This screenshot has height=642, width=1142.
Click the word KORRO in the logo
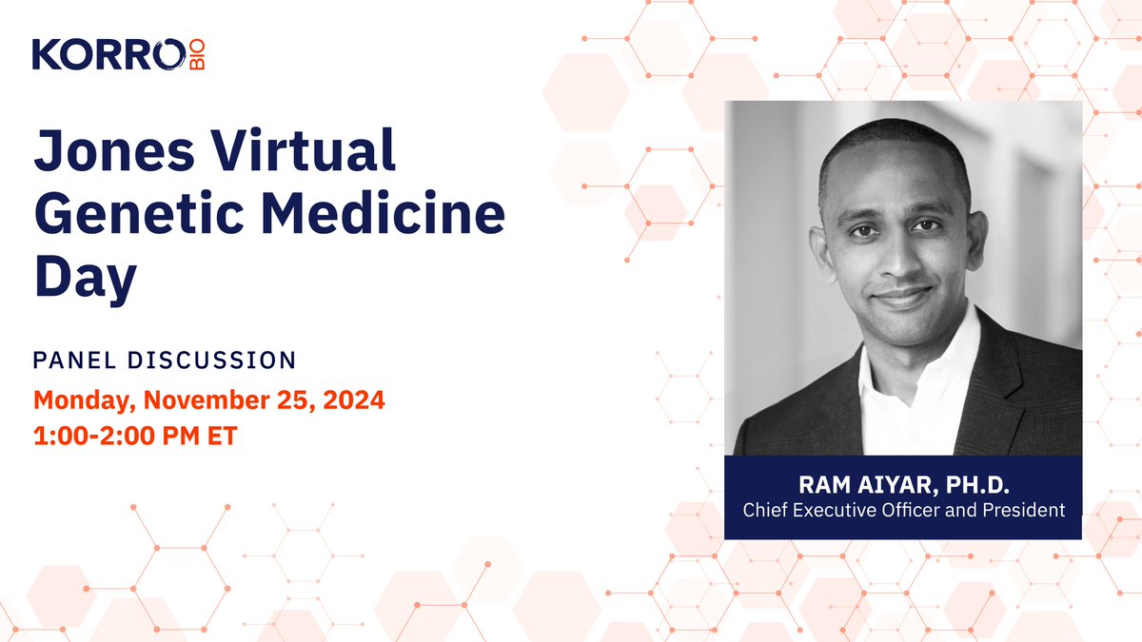tap(105, 54)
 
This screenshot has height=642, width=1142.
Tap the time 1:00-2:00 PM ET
tap(134, 438)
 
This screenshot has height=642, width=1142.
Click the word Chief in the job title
tap(766, 511)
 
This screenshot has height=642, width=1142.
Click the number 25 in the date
tap(276, 400)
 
